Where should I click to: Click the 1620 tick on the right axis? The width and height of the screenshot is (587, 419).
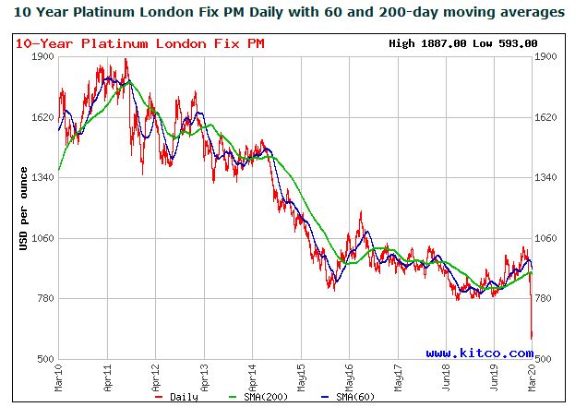click(546, 117)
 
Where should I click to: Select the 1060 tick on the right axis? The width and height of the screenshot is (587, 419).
click(546, 238)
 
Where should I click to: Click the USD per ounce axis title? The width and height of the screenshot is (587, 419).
click(23, 208)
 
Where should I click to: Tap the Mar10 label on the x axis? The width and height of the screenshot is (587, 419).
click(59, 377)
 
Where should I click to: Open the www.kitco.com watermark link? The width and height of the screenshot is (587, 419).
click(478, 353)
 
